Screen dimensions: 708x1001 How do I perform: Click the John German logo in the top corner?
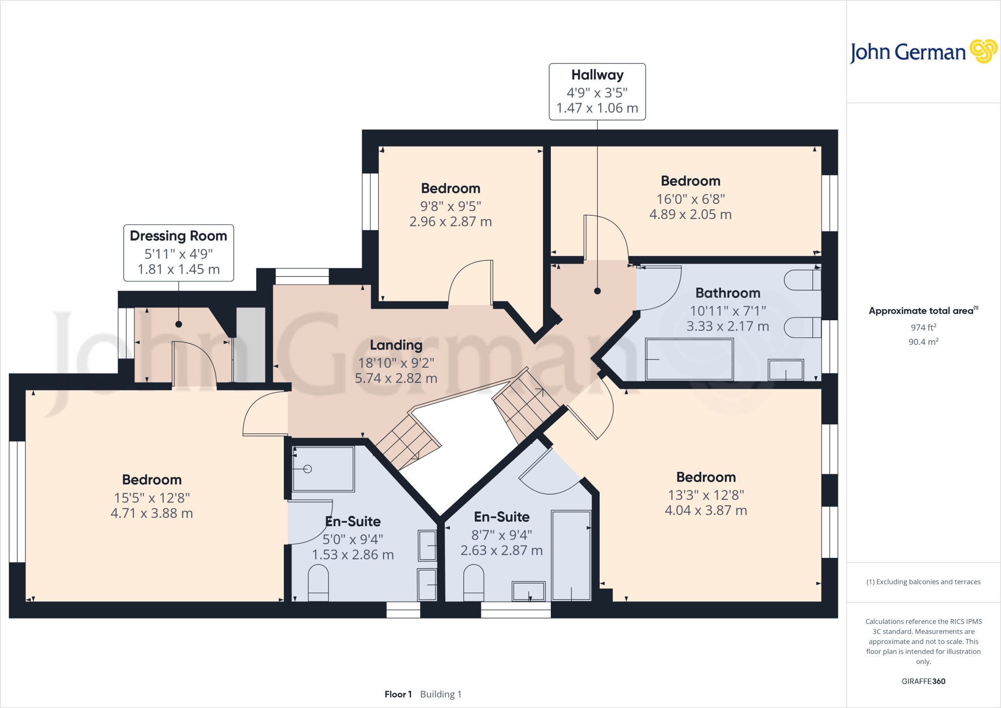pyautogui.click(x=923, y=52)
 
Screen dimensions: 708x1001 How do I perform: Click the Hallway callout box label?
pyautogui.click(x=597, y=75)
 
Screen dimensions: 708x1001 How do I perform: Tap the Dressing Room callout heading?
pyautogui.click(x=178, y=236)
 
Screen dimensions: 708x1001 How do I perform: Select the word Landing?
pyautogui.click(x=396, y=345)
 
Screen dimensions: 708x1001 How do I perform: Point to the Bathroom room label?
pyautogui.click(x=728, y=293)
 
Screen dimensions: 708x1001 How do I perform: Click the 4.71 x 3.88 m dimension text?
pyautogui.click(x=152, y=513)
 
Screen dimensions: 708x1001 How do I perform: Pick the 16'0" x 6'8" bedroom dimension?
pyautogui.click(x=690, y=199)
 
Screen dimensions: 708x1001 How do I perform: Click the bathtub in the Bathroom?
pyautogui.click(x=689, y=359)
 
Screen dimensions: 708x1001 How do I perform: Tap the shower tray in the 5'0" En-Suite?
pyautogui.click(x=323, y=468)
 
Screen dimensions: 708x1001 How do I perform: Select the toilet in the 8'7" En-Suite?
pyautogui.click(x=473, y=582)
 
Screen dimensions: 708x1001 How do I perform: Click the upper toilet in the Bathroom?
pyautogui.click(x=802, y=280)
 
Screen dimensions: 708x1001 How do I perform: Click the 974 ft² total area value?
pyautogui.click(x=923, y=327)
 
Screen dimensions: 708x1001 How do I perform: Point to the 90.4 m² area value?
pyautogui.click(x=923, y=342)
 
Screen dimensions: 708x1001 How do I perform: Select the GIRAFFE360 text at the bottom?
pyautogui.click(x=923, y=681)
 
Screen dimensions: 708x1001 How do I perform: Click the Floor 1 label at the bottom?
pyautogui.click(x=398, y=694)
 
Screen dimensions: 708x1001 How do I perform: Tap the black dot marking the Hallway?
pyautogui.click(x=597, y=291)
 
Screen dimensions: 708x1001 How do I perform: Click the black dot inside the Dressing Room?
pyautogui.click(x=178, y=324)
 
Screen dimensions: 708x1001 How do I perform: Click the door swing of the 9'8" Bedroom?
pyautogui.click(x=469, y=284)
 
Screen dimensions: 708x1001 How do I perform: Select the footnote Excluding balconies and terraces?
pyautogui.click(x=923, y=582)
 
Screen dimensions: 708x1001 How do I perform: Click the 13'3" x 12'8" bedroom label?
pyautogui.click(x=706, y=495)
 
